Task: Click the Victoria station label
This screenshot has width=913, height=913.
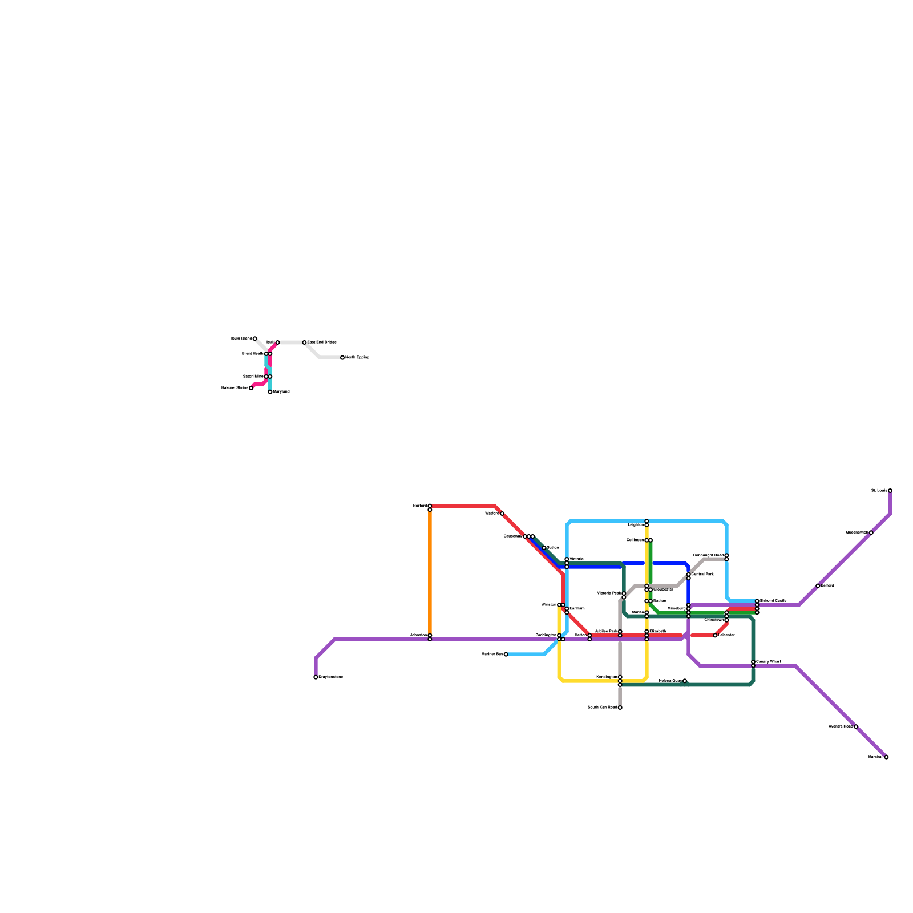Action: coord(576,559)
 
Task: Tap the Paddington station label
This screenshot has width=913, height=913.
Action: coord(546,635)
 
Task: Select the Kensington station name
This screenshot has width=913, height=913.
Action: coord(607,677)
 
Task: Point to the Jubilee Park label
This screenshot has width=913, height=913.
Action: coord(606,631)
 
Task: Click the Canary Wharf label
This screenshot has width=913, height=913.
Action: coord(768,661)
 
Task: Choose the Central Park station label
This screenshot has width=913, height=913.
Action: coord(702,574)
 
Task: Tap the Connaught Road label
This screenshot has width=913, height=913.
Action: coord(708,555)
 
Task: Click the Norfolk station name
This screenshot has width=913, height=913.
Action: coord(420,506)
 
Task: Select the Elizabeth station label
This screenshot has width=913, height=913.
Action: coord(658,631)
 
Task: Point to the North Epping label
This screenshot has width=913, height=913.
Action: coord(357,358)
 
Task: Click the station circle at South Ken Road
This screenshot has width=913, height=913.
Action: coord(620,708)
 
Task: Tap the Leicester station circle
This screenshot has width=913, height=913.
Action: coord(715,635)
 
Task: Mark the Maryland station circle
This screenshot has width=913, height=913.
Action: coord(270,392)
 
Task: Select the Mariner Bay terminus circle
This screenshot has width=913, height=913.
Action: coord(506,655)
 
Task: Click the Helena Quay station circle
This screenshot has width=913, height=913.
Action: coord(685,681)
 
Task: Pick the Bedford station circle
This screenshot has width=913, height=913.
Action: coord(818,586)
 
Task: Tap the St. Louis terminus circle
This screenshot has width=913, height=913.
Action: coord(890,491)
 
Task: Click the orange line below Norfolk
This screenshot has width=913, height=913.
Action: coord(430,571)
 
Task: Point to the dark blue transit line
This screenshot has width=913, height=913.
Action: coord(593,567)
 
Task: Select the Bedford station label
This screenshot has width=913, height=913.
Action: coord(828,585)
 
